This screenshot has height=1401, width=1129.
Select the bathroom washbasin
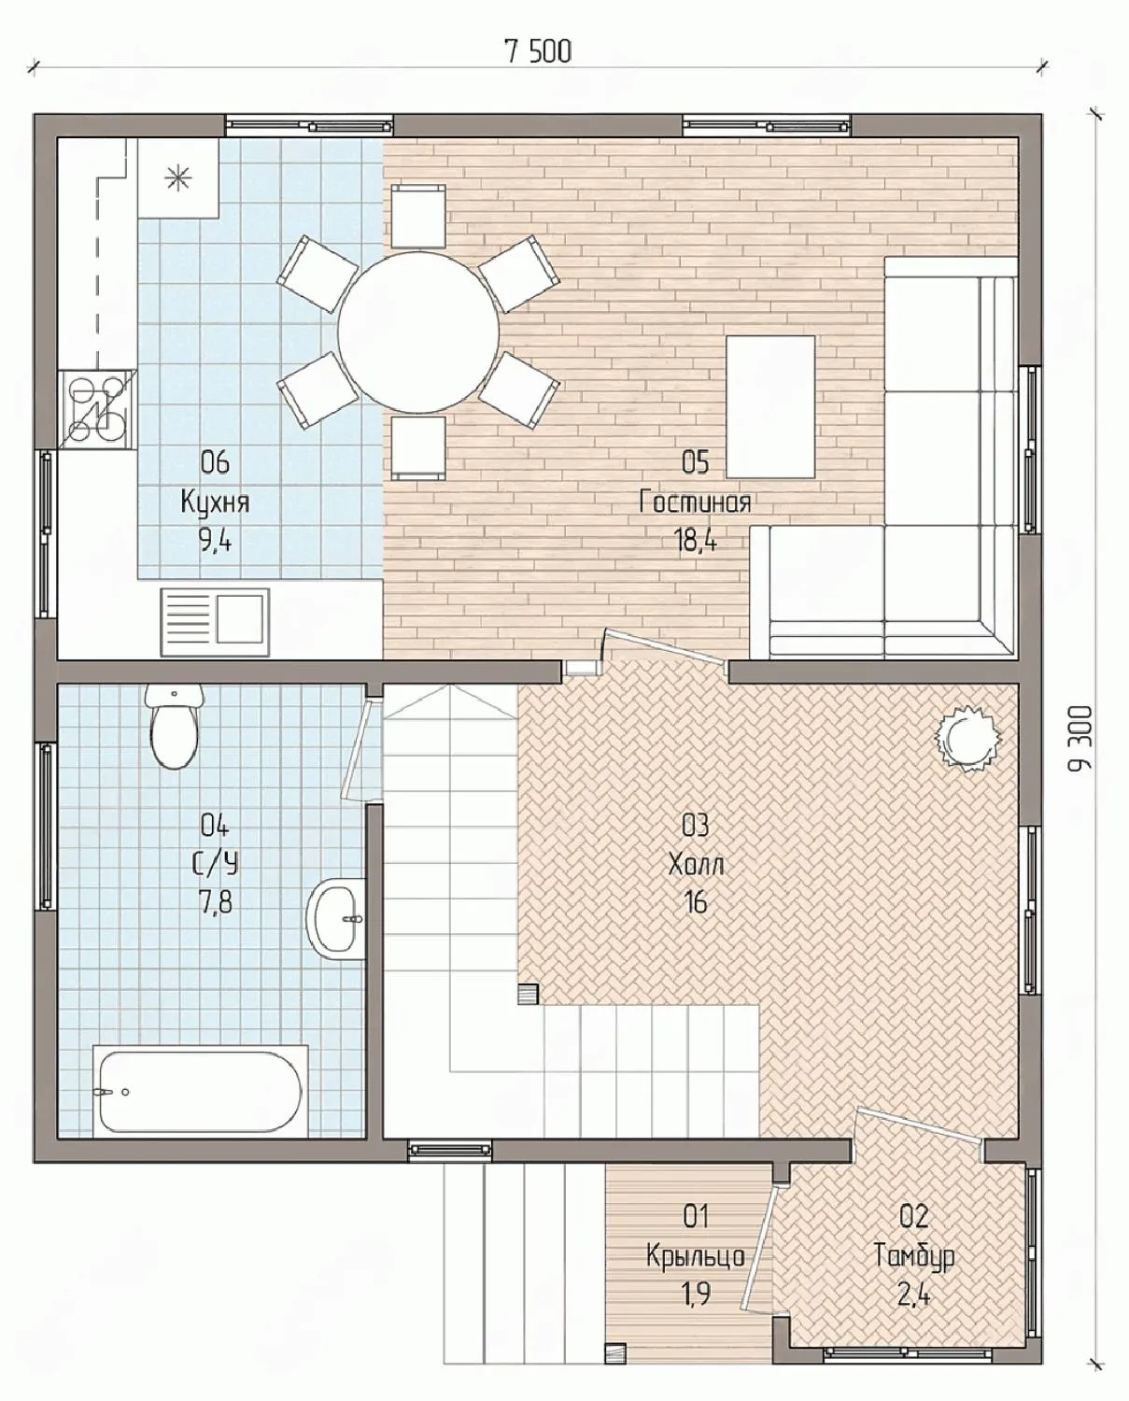pyautogui.click(x=336, y=918)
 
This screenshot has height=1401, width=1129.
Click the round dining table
pyautogui.click(x=418, y=332)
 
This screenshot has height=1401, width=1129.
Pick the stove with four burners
pyautogui.click(x=98, y=409)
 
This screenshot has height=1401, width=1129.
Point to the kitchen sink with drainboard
pyautogui.click(x=214, y=622)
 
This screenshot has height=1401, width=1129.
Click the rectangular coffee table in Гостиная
pyautogui.click(x=771, y=406)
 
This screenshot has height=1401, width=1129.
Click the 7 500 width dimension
pyautogui.click(x=539, y=52)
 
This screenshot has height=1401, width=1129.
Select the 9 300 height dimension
pyautogui.click(x=1080, y=738)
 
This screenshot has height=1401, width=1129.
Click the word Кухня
pyautogui.click(x=215, y=503)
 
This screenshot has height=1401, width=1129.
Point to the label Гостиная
pyautogui.click(x=696, y=502)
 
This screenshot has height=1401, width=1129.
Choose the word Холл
pyautogui.click(x=696, y=865)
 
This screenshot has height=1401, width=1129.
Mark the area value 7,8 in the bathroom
pyautogui.click(x=215, y=904)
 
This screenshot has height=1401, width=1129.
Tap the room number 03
pyautogui.click(x=696, y=826)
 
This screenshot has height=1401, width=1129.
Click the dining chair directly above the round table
pyautogui.click(x=418, y=216)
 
